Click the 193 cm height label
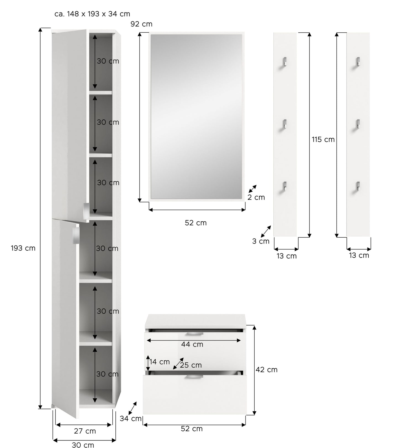[23, 248]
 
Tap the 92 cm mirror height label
[141, 24]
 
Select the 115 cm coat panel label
[323, 140]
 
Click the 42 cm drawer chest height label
[266, 370]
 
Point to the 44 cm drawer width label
[192, 344]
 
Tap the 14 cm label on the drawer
[160, 362]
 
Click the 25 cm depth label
[191, 365]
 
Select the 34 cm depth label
[131, 418]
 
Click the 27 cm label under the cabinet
[85, 431]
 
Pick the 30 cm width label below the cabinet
[83, 445]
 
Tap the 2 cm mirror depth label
[256, 197]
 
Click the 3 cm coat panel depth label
[261, 241]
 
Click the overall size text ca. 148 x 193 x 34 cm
[92, 14]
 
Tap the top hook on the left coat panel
[285, 62]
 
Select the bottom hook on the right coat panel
[358, 186]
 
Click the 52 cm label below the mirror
[196, 223]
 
